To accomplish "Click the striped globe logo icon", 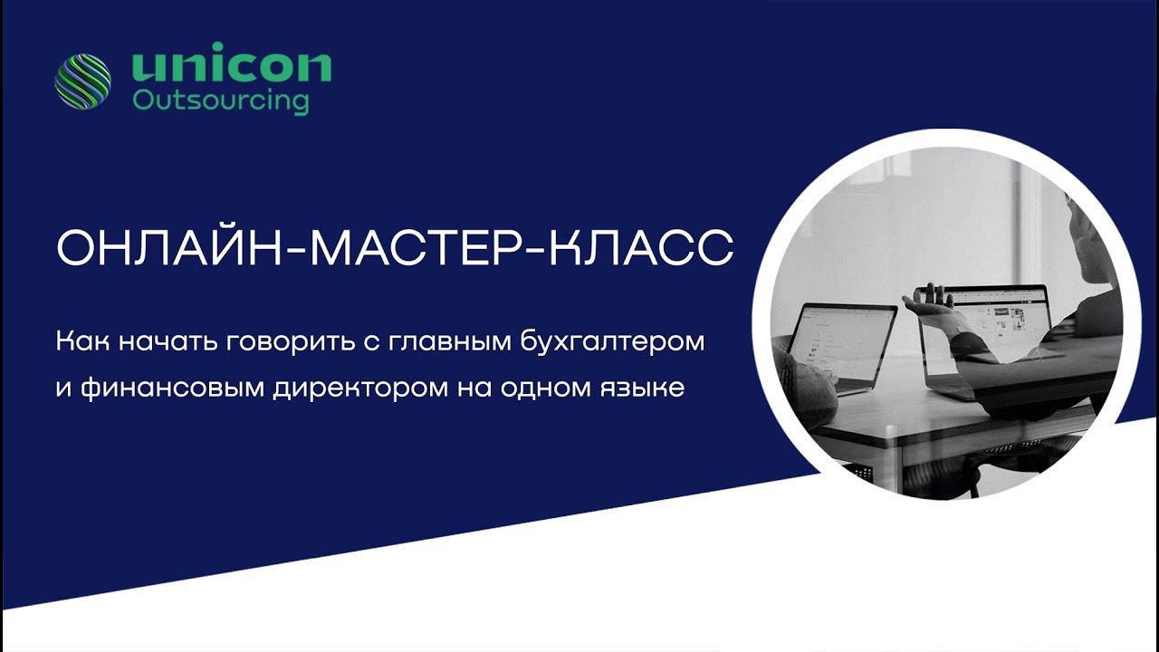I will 82,81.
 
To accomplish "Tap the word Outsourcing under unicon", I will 220,100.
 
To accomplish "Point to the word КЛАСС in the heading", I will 642,248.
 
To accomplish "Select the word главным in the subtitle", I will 449,343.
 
